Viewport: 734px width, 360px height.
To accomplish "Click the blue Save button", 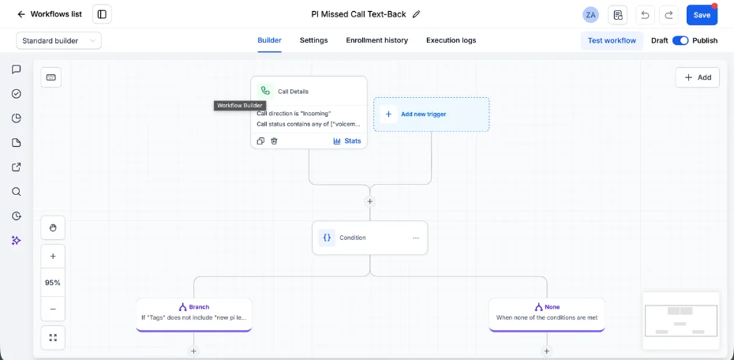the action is (x=702, y=15).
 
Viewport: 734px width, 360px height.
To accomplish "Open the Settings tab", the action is (x=313, y=40).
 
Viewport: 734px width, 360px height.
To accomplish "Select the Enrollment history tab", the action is (x=376, y=40).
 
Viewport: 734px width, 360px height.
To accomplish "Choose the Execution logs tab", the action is (x=451, y=40).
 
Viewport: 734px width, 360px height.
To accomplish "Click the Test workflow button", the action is (x=612, y=41).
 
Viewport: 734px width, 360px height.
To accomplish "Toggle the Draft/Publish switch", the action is (x=680, y=41).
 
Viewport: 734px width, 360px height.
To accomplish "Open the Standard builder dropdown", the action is (x=59, y=41).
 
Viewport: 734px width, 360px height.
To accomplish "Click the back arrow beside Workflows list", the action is (x=21, y=14).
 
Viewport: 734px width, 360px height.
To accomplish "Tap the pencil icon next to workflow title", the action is (x=416, y=14).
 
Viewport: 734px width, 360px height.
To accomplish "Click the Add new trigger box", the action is (x=431, y=114).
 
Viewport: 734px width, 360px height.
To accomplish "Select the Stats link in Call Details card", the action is (x=346, y=141).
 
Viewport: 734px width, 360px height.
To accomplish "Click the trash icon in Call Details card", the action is (x=275, y=141).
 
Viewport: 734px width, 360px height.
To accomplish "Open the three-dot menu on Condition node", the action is (x=416, y=238).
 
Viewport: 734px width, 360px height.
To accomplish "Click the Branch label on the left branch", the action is (x=194, y=307).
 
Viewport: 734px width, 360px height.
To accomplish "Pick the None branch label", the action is (x=547, y=307).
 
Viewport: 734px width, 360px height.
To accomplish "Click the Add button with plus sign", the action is (x=698, y=77).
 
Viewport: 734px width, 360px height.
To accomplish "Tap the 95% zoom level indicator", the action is (x=53, y=283).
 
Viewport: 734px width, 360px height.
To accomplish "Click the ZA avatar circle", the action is (x=591, y=15).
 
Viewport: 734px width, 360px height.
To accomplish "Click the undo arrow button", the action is (x=645, y=15).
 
